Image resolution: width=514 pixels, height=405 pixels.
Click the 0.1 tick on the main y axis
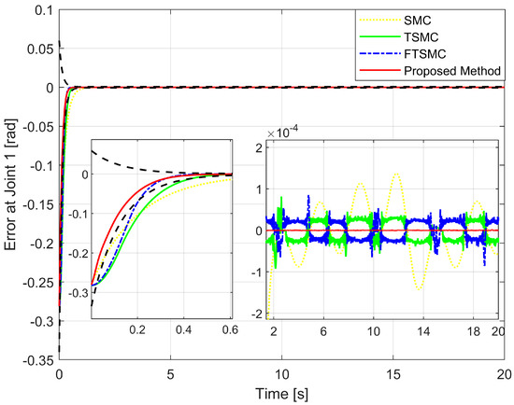39,10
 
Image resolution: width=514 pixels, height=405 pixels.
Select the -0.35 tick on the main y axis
34,357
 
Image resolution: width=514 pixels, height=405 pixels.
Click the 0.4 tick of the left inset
182,330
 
